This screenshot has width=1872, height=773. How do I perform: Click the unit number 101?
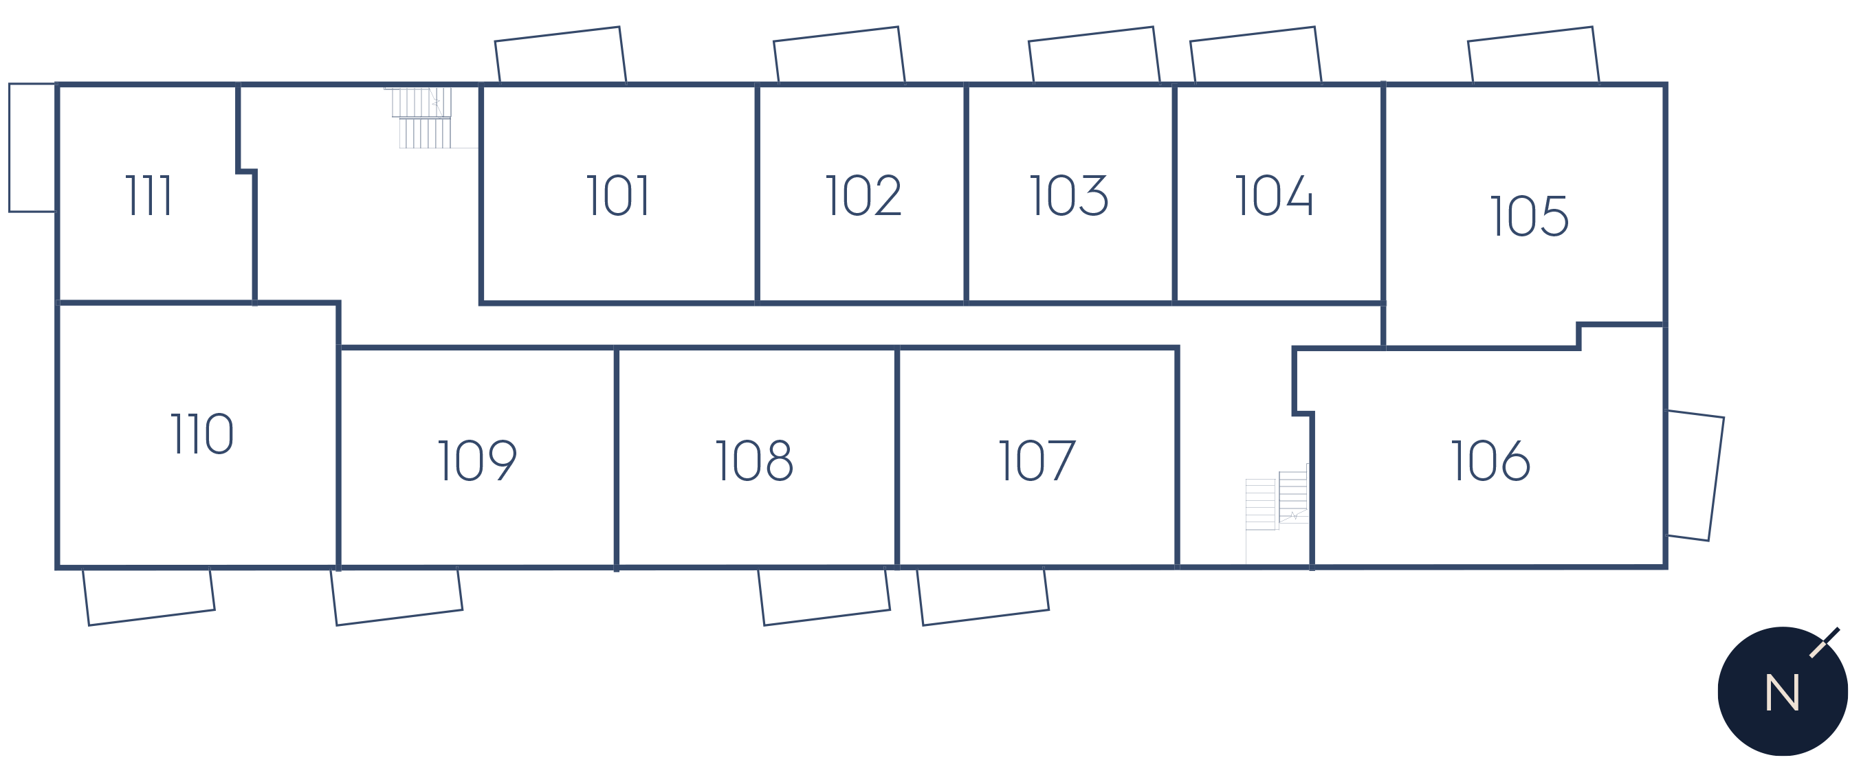coord(618,194)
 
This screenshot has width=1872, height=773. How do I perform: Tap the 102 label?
coord(863,194)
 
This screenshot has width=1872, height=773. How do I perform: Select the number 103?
coord(1069,194)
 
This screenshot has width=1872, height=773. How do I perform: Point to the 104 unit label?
coord(1275,194)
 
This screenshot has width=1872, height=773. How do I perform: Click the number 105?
coord(1530,215)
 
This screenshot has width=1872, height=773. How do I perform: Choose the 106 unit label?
coord(1490,460)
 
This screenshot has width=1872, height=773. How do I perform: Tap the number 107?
coord(1037,460)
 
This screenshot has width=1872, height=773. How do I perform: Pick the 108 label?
coord(754,460)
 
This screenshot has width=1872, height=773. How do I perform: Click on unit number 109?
coord(477,460)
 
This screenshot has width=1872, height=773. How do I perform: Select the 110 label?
coord(202,434)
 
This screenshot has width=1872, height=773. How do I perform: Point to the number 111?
coord(148,194)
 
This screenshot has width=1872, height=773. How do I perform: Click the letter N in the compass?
coord(1782,693)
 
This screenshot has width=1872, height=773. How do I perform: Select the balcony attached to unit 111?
coord(9,148)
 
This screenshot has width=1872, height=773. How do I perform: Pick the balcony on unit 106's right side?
coord(1716,480)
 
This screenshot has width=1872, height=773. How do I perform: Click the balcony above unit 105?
coord(1533,34)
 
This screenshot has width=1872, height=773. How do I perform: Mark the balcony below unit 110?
coord(151,618)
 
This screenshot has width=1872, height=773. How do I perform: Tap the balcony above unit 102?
coord(839,34)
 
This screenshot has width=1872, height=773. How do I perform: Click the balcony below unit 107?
coord(985,618)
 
